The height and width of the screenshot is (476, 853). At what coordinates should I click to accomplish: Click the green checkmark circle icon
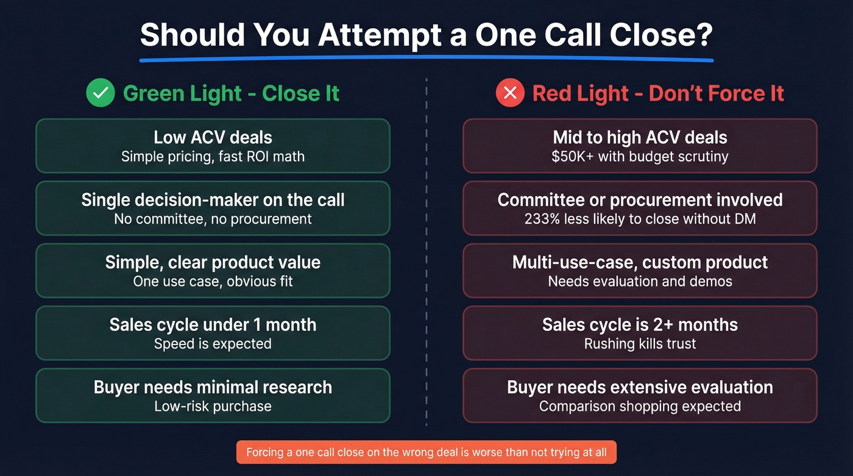pyautogui.click(x=101, y=93)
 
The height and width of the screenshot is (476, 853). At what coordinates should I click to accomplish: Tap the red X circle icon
pyautogui.click(x=511, y=93)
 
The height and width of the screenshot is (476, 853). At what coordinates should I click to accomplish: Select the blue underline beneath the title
pyautogui.click(x=426, y=60)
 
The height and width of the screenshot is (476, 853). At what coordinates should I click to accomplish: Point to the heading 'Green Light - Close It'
pyautogui.click(x=231, y=94)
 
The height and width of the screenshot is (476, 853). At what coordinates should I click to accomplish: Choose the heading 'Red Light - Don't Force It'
pyautogui.click(x=658, y=94)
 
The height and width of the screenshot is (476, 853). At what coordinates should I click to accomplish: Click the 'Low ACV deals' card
pyautogui.click(x=213, y=146)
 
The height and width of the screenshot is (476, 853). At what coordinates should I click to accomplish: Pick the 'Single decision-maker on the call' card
pyautogui.click(x=213, y=208)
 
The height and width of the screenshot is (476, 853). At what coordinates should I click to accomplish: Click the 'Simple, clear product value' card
pyautogui.click(x=213, y=270)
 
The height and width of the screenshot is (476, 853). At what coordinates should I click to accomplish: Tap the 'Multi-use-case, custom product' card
pyautogui.click(x=640, y=270)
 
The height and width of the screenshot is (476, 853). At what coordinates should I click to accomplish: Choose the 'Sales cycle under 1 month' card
pyautogui.click(x=213, y=333)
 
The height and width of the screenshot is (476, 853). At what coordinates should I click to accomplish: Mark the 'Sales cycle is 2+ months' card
pyautogui.click(x=640, y=333)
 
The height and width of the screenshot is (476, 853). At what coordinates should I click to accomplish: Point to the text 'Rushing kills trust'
pyautogui.click(x=640, y=344)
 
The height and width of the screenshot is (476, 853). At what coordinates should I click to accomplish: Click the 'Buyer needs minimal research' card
pyautogui.click(x=213, y=395)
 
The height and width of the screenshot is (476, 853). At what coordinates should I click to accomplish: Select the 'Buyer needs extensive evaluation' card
pyautogui.click(x=640, y=395)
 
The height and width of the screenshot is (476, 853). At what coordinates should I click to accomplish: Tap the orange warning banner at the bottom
pyautogui.click(x=426, y=452)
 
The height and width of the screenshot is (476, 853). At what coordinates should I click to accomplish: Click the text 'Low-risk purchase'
pyautogui.click(x=213, y=406)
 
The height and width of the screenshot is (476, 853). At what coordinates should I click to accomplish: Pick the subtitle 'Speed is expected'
pyautogui.click(x=213, y=344)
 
